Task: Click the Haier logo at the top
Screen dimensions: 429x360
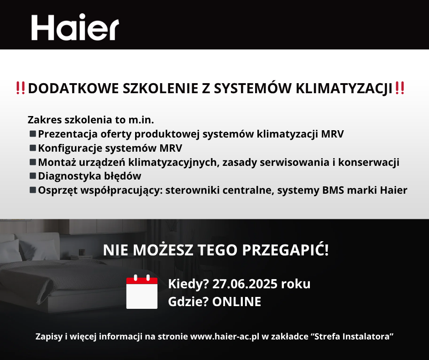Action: click(75, 27)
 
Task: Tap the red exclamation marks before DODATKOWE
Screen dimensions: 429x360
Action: click(21, 88)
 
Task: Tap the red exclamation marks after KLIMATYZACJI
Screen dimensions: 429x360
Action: click(400, 88)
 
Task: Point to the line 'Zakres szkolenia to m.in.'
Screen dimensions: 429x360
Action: click(91, 120)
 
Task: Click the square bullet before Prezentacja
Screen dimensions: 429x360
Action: click(33, 134)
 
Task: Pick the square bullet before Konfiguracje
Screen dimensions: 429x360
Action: click(33, 148)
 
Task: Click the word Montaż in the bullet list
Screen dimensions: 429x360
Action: click(57, 162)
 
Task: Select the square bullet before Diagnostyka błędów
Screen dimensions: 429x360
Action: click(33, 176)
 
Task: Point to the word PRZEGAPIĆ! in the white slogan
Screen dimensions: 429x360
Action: click(285, 249)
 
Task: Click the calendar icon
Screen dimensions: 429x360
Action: click(142, 292)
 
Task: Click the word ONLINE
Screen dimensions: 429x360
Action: click(237, 302)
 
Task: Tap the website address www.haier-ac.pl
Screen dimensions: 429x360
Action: click(225, 336)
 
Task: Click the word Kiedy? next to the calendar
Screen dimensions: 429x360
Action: click(188, 284)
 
